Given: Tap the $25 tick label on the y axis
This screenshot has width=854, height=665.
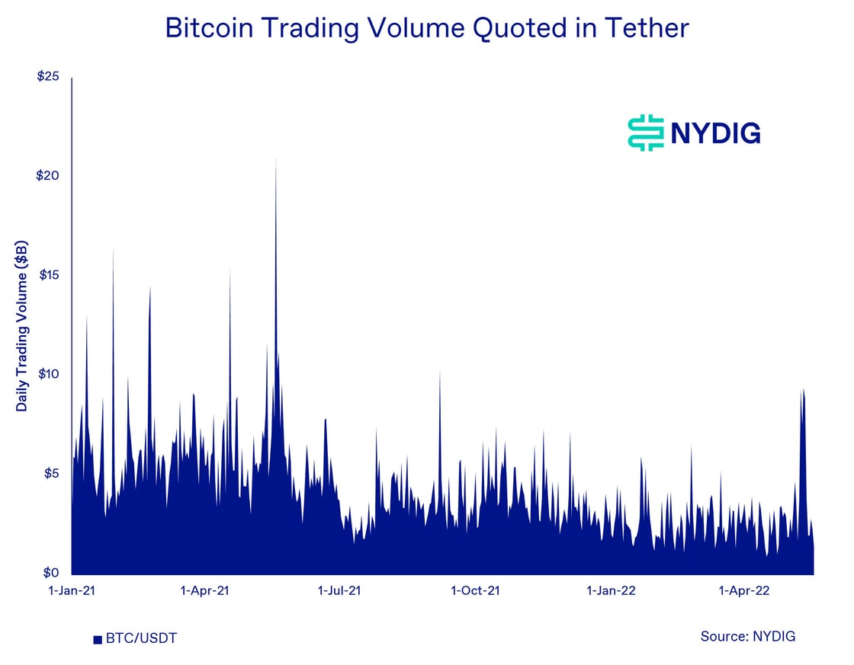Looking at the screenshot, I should (x=47, y=76).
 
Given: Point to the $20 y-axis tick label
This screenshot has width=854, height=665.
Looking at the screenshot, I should (x=47, y=175).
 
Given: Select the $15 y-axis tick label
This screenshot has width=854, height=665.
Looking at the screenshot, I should (x=47, y=275).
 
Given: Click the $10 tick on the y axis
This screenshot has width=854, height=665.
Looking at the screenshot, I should (x=47, y=374).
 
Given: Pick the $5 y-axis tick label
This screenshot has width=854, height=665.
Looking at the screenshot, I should (x=50, y=474).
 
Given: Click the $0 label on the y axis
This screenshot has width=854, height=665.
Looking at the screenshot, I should (x=50, y=573).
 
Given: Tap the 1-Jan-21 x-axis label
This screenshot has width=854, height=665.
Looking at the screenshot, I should (x=72, y=590).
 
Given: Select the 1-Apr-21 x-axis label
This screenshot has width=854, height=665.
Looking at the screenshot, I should (x=206, y=590).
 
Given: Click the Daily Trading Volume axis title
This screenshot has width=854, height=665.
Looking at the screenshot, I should (x=22, y=325).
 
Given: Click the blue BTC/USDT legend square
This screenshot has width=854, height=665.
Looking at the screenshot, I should (x=98, y=639).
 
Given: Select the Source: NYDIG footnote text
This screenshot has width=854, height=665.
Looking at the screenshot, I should (x=747, y=636).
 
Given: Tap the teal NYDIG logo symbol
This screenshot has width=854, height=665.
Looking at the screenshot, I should (x=646, y=133).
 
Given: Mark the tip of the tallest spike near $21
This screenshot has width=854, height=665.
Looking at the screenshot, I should (x=276, y=158).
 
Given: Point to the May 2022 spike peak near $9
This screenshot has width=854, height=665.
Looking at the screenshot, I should (x=802, y=389).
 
